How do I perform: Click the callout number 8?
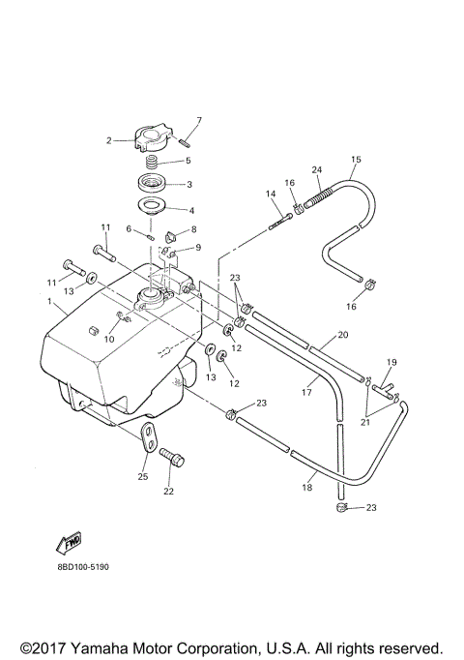click(x=193, y=229)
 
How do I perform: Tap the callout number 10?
click(x=108, y=339)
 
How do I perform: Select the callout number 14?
click(x=271, y=195)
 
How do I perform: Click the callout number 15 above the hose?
click(x=355, y=159)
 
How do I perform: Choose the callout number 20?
click(x=341, y=336)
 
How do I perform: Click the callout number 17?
click(x=306, y=393)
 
